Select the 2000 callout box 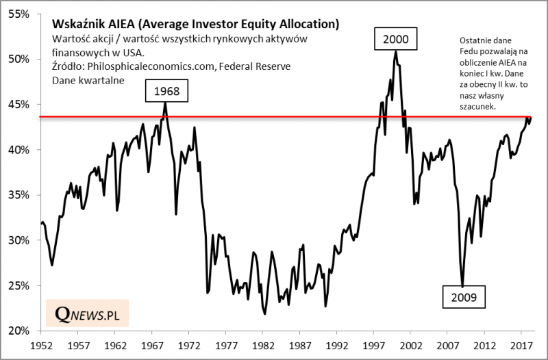396,39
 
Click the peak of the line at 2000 396,51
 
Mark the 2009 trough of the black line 463,286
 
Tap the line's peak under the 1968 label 165,103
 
